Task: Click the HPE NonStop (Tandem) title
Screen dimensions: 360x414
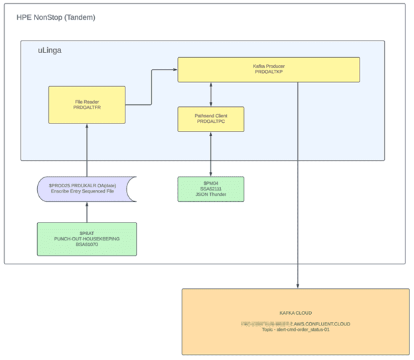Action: tap(56, 17)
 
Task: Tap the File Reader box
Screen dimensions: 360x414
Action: tap(87, 104)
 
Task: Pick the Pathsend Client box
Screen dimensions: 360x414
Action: tap(211, 119)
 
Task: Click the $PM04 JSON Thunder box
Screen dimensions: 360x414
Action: tap(211, 189)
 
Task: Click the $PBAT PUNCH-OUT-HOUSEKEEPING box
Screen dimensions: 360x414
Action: tap(87, 239)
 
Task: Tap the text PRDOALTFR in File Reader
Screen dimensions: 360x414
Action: tap(87, 108)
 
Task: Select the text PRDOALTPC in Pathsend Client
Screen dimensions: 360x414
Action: tap(211, 122)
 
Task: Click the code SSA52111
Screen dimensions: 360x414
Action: tap(211, 189)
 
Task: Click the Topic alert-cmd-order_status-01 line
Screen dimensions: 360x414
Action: tap(295, 329)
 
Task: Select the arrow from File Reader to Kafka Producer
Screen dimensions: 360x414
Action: tap(151, 86)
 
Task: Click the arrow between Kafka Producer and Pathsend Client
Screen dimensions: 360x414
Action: tap(211, 94)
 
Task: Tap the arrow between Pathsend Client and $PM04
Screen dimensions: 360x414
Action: tap(211, 154)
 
